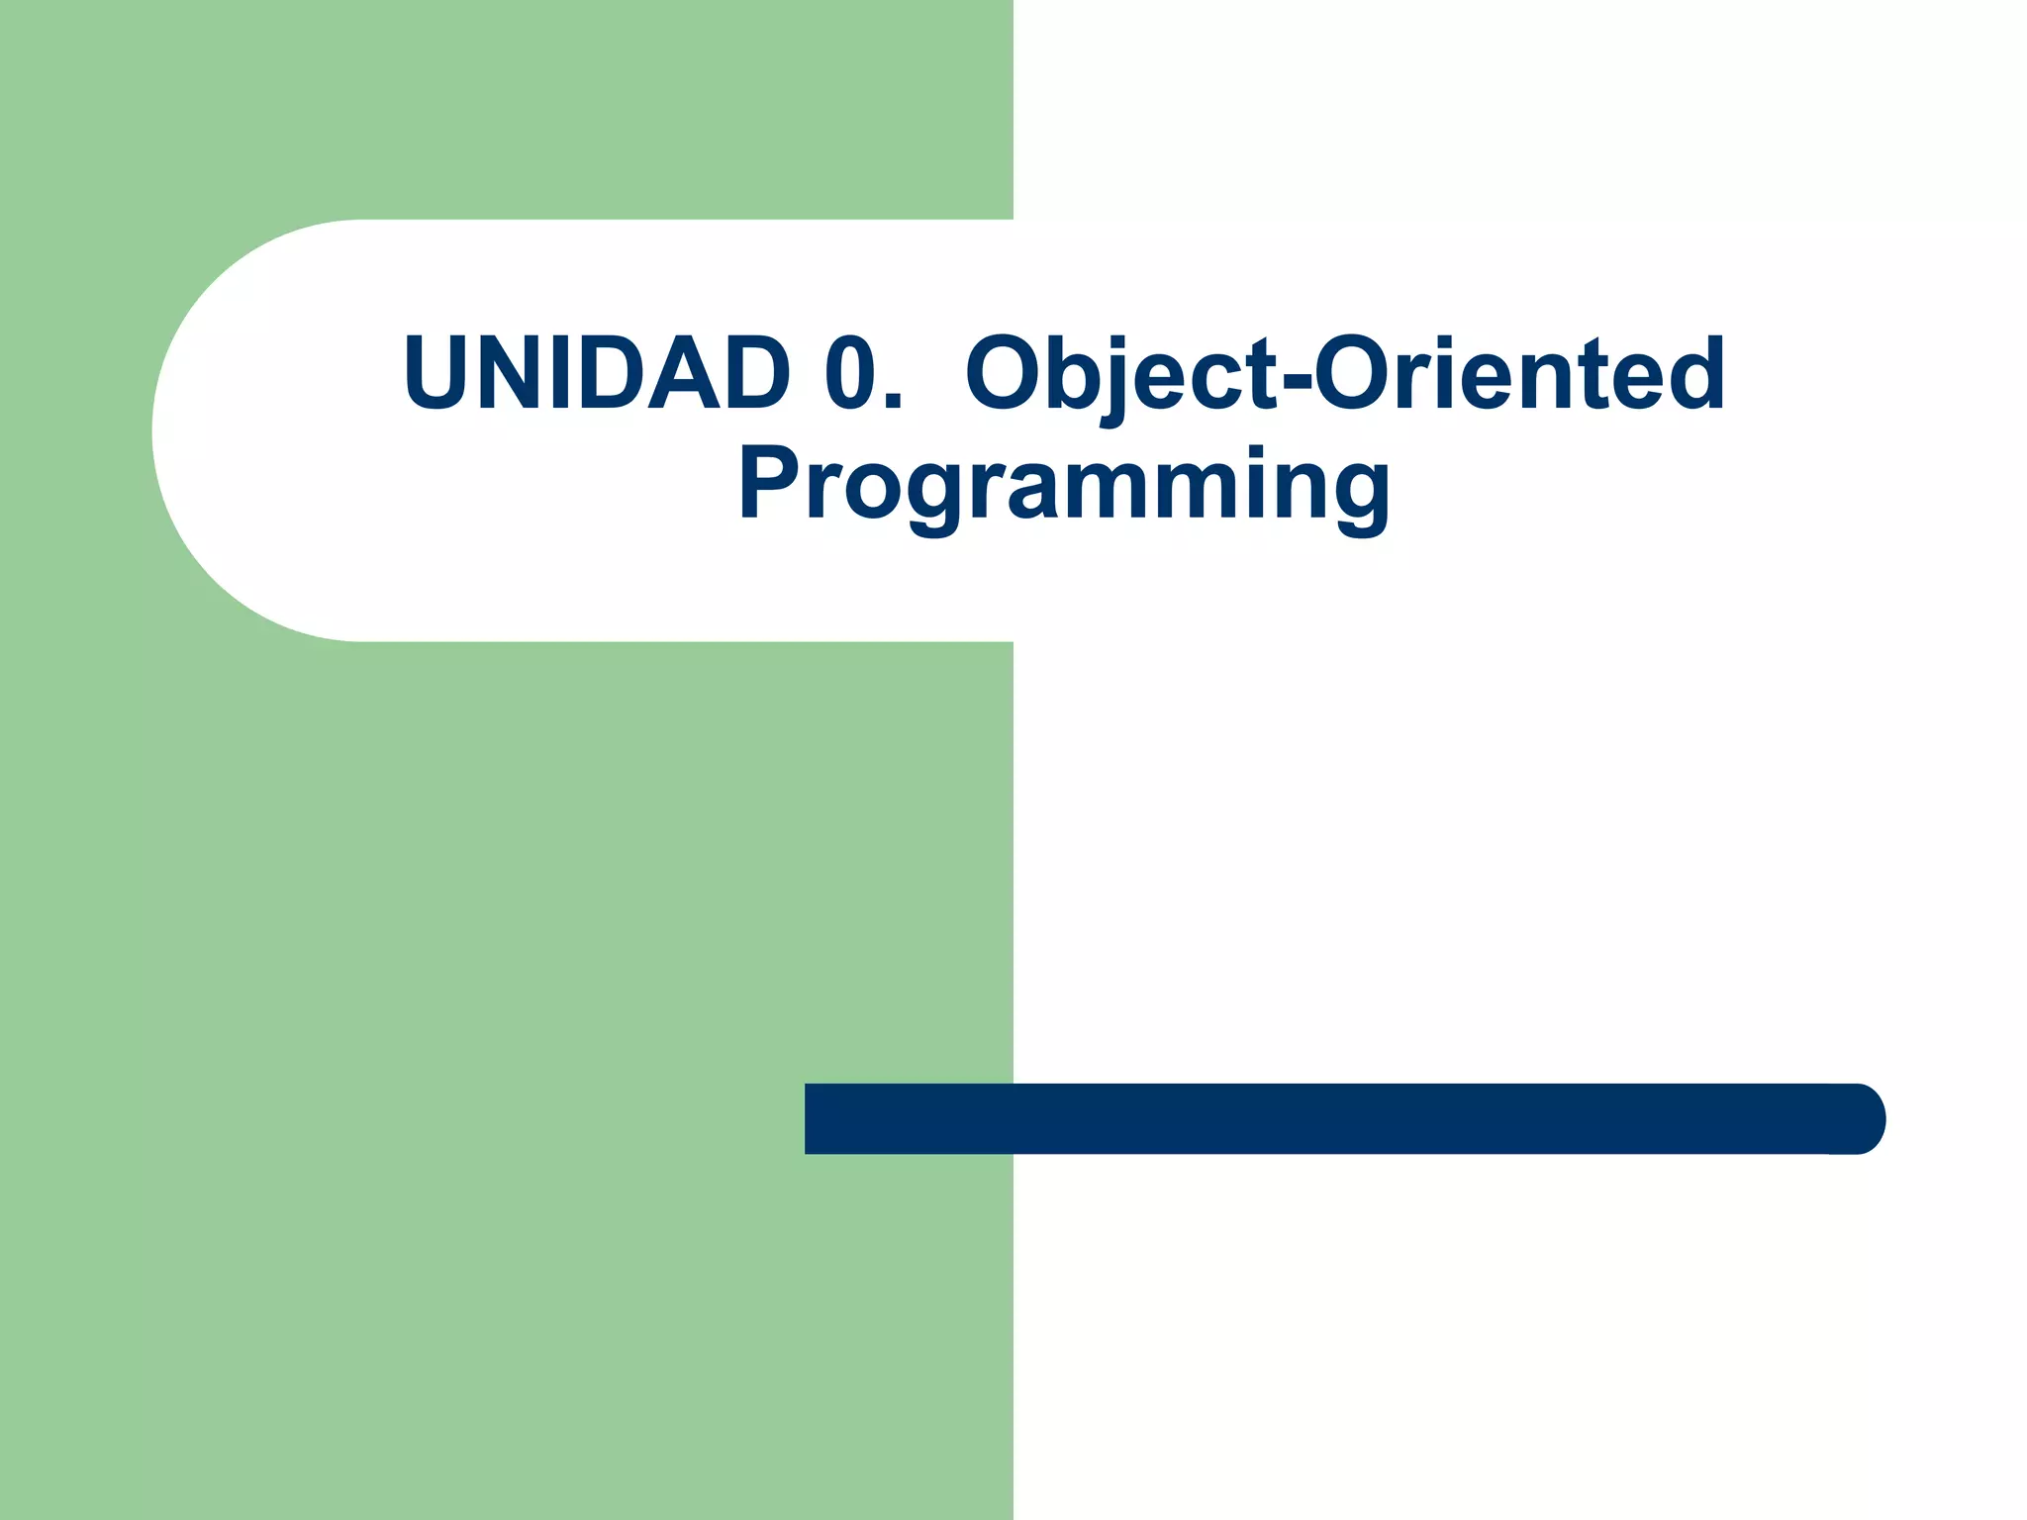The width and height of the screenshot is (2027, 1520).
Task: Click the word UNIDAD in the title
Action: [597, 373]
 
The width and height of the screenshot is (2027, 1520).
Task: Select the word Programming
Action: [1065, 484]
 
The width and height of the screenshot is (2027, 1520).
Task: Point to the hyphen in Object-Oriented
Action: [1295, 381]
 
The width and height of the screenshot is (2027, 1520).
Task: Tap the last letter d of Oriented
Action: [1693, 373]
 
